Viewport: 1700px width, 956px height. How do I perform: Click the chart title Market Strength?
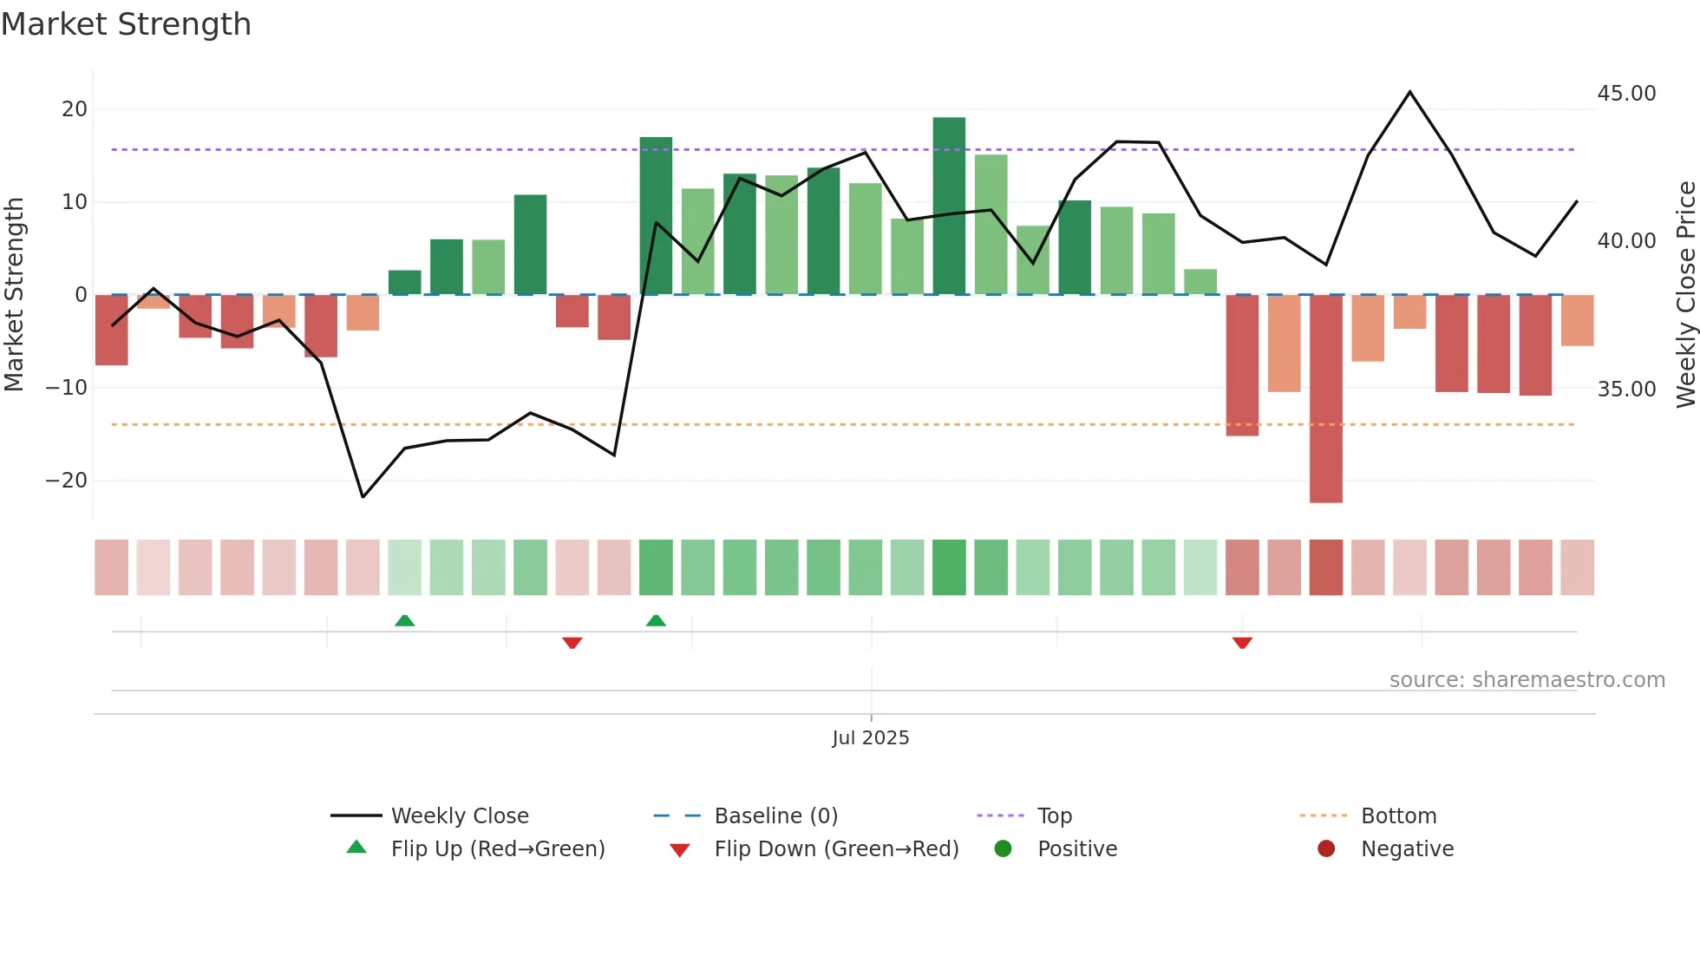(x=126, y=24)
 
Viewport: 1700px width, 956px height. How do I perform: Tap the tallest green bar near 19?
(x=949, y=206)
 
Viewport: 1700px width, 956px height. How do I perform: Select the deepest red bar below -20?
(x=1325, y=398)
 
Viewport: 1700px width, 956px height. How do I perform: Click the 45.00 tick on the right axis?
(x=1626, y=94)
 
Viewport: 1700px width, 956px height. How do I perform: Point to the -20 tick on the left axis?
(x=67, y=481)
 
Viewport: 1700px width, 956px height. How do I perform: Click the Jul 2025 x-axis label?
(x=870, y=738)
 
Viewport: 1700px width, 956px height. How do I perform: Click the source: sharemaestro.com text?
(x=1527, y=680)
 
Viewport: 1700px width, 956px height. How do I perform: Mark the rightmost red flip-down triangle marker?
(x=1242, y=643)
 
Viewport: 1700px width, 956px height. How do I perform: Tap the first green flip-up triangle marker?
(x=404, y=620)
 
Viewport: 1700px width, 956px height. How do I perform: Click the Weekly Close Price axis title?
(x=1685, y=295)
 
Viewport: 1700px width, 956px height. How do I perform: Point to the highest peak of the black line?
(x=1409, y=92)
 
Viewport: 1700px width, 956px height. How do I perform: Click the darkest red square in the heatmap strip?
(x=1325, y=567)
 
